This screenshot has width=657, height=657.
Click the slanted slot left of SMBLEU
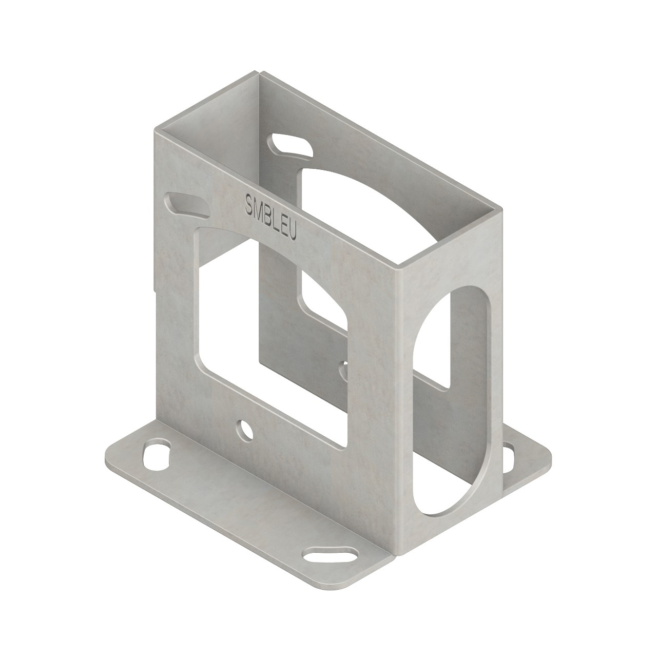coord(186,204)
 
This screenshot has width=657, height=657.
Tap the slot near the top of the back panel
coord(291,144)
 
